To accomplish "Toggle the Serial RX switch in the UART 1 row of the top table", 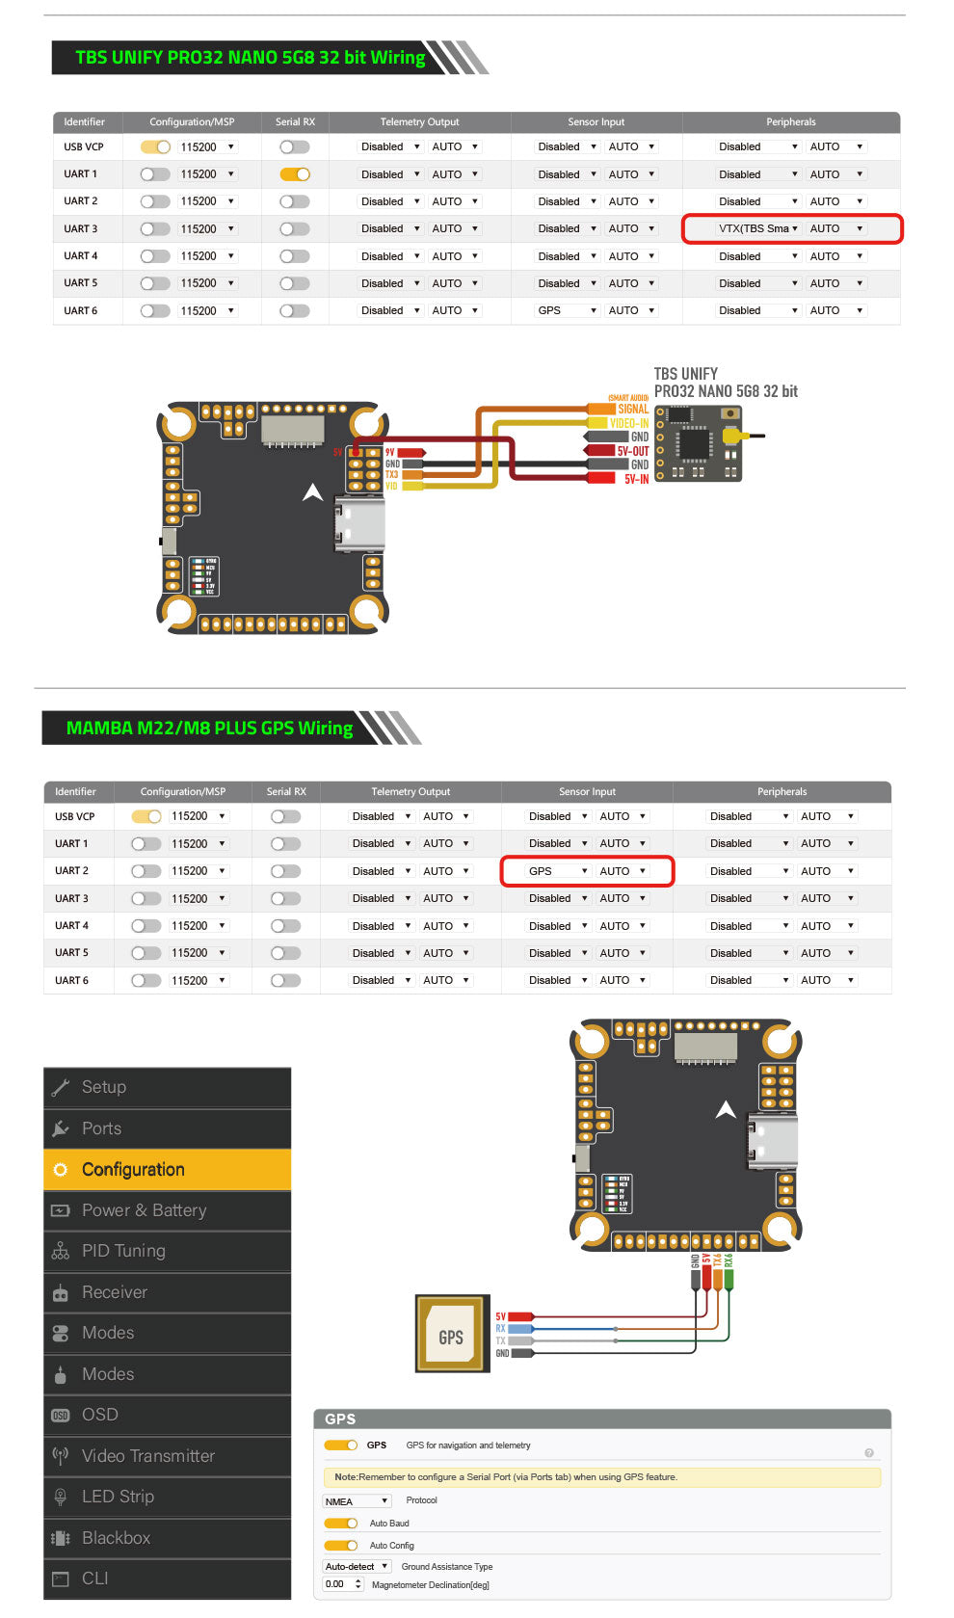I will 295,174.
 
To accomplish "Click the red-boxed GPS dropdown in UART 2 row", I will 558,871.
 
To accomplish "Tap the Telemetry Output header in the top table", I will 419,122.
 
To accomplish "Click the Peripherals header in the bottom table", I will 782,792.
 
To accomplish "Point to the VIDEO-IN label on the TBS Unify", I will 629,423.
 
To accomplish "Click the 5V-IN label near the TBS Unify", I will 636,479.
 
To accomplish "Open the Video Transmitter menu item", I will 147,1456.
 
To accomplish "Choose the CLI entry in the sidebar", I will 95,1578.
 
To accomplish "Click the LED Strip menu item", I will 118,1497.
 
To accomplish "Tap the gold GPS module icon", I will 452,1334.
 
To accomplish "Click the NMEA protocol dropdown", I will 357,1501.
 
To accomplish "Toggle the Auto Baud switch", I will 341,1524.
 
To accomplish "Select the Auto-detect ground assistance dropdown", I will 357,1567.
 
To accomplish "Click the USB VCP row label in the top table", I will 84,147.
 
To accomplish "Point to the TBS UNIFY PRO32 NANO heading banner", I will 251,58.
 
